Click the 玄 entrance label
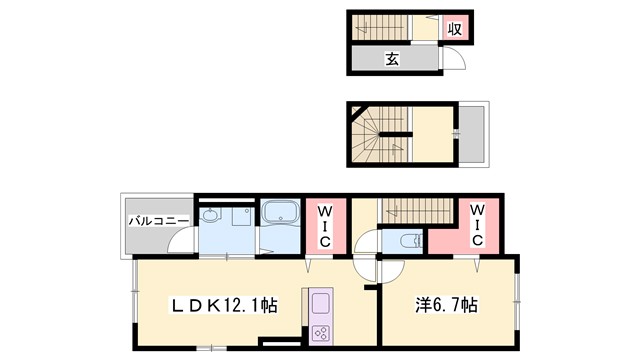pos(394,61)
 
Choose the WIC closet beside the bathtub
pos(326,227)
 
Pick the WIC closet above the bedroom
pos(477,226)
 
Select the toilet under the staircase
pos(409,241)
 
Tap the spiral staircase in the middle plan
pos(378,133)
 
